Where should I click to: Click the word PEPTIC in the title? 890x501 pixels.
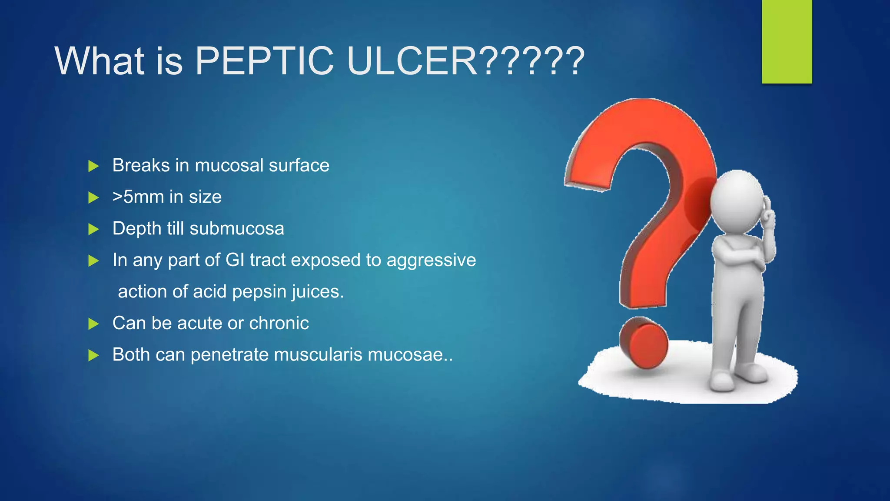[264, 61]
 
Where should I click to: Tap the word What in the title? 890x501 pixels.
[99, 61]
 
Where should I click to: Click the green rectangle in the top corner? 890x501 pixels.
[787, 41]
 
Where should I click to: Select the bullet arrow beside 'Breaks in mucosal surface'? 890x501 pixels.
[93, 166]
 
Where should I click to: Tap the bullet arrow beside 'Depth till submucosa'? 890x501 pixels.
[93, 229]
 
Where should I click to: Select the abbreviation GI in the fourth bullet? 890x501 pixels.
[235, 260]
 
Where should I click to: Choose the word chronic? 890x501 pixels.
[279, 323]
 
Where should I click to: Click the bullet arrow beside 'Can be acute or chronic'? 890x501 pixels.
[93, 324]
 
